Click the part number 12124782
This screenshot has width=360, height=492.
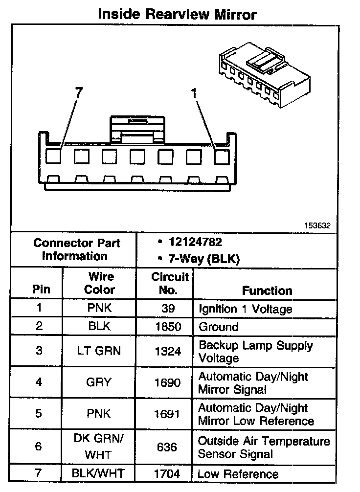click(195, 242)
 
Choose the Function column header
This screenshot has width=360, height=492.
click(267, 291)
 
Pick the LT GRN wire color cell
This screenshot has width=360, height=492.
click(99, 351)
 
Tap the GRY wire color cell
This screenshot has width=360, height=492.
click(99, 382)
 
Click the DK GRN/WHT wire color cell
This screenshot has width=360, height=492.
click(99, 447)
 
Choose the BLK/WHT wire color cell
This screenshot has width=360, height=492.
click(99, 473)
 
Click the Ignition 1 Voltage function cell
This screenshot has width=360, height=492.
click(245, 309)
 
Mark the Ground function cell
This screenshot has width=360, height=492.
click(218, 327)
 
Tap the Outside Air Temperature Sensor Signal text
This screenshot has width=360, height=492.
click(264, 447)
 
